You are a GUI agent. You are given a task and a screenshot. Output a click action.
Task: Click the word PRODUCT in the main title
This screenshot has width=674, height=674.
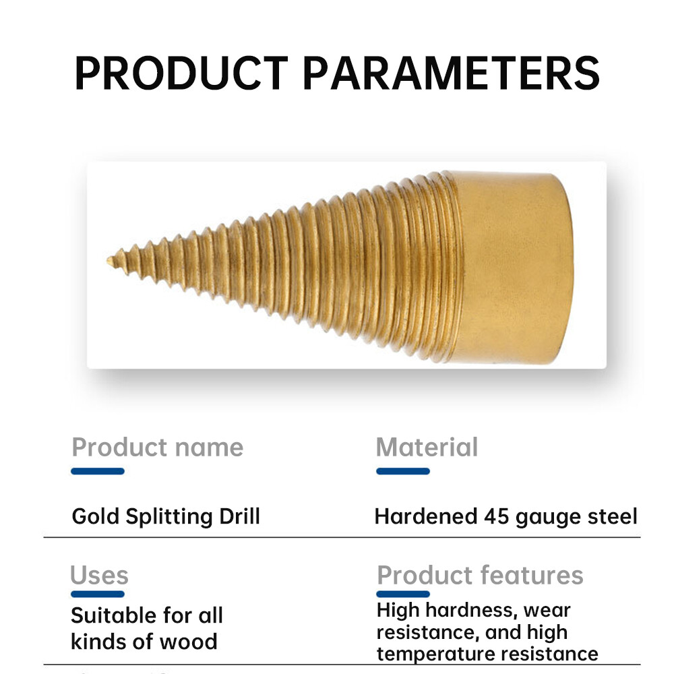181,73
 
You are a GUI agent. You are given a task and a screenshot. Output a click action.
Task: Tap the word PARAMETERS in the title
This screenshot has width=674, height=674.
452,73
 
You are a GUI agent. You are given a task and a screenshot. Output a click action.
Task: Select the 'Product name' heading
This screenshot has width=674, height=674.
157,447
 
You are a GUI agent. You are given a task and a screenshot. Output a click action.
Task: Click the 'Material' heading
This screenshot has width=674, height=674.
427,447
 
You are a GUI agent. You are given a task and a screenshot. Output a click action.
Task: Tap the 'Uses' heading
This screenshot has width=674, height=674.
99,575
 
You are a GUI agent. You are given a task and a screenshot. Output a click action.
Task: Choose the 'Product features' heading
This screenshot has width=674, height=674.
480,575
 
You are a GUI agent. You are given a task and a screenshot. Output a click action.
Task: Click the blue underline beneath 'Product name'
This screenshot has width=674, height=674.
98,471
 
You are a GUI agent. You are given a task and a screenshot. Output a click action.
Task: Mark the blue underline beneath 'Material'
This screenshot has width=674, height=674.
403,471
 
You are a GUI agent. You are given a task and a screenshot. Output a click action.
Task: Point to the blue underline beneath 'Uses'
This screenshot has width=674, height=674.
98,594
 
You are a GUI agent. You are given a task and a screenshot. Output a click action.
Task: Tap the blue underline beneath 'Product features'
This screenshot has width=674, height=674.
403,594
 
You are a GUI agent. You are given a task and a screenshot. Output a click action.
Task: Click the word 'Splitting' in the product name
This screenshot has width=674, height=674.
169,517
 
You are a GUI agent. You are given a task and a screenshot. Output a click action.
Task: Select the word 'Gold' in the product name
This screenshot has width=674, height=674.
95,516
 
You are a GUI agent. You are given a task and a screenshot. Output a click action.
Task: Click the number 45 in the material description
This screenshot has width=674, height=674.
497,516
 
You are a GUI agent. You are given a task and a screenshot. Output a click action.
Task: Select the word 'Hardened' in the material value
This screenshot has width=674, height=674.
426,516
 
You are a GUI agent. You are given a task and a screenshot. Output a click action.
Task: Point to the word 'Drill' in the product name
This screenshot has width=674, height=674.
239,516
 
